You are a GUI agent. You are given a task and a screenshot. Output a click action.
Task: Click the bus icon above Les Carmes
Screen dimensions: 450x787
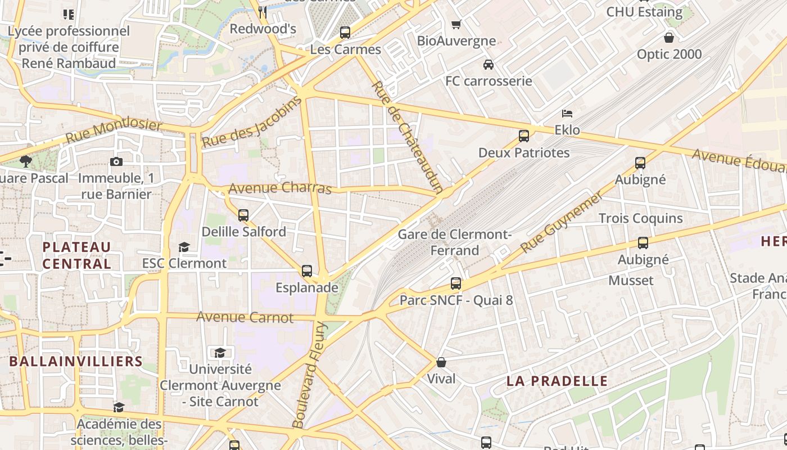click(345, 33)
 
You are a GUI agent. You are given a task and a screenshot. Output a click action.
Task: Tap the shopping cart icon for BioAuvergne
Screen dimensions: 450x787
click(456, 24)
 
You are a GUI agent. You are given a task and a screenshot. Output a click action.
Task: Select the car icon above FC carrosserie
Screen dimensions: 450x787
click(489, 65)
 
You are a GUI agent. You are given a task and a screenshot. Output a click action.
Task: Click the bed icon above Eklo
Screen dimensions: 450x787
click(567, 114)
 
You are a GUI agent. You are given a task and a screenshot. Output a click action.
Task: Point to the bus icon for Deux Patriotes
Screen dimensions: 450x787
click(524, 136)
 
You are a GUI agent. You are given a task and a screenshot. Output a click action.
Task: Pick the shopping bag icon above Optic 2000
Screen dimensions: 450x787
click(669, 38)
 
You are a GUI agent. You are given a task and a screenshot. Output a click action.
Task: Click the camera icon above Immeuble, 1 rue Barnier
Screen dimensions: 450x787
click(116, 162)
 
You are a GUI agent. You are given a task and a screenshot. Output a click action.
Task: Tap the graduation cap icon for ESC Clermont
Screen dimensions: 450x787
click(184, 247)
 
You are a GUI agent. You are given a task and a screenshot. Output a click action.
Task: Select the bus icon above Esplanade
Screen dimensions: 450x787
click(307, 271)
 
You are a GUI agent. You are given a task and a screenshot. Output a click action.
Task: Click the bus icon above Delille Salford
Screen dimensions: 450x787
click(243, 215)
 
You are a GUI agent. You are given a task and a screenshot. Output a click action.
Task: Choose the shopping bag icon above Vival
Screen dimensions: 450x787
click(441, 362)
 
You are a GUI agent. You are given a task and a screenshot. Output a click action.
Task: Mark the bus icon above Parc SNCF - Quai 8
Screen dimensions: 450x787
click(456, 283)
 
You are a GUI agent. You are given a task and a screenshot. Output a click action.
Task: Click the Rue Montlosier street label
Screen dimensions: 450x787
click(114, 130)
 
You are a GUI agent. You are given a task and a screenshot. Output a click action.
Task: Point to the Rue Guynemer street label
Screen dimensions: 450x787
click(561, 222)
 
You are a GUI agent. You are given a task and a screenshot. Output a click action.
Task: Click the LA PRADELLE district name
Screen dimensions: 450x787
click(557, 381)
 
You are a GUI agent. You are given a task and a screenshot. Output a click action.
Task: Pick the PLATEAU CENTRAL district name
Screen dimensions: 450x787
click(77, 255)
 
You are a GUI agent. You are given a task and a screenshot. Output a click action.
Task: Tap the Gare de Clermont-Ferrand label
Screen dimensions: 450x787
click(455, 242)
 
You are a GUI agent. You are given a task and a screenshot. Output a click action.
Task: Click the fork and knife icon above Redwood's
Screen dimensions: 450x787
click(263, 12)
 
